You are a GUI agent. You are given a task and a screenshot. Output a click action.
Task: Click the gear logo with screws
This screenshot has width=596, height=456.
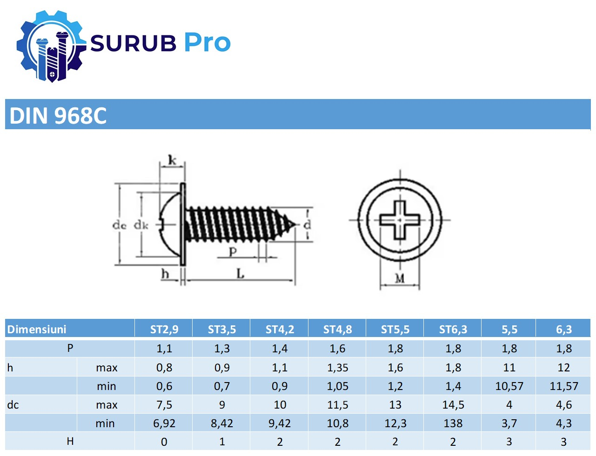click(51, 46)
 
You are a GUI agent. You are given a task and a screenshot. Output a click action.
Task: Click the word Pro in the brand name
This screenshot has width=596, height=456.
click(208, 42)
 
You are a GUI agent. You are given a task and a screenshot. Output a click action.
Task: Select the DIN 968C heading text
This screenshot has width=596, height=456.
click(58, 115)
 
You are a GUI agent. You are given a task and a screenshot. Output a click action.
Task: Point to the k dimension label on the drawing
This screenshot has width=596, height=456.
click(172, 160)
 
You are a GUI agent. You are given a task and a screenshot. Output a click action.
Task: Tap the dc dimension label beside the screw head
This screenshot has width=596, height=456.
click(120, 225)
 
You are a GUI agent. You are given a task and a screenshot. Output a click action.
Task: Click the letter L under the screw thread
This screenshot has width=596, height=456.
click(240, 273)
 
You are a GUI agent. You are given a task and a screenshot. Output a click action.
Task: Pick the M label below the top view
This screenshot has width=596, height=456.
click(400, 278)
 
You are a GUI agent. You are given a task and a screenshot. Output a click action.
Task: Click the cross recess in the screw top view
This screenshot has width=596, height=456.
click(400, 220)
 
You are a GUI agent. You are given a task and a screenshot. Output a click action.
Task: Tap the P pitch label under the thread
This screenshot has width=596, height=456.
click(233, 251)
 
